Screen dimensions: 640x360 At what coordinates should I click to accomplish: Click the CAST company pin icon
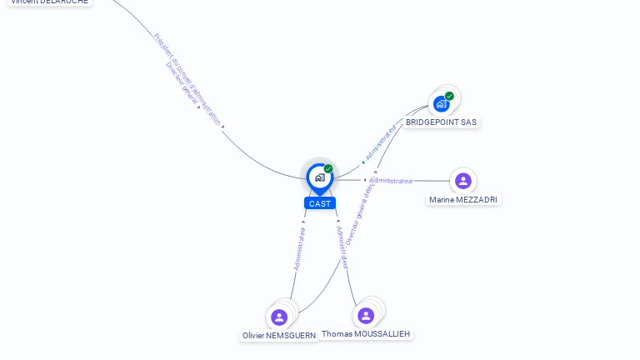(x=319, y=177)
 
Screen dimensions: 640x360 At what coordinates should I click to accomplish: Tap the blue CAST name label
(x=320, y=203)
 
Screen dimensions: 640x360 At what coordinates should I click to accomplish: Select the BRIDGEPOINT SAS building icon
(x=441, y=104)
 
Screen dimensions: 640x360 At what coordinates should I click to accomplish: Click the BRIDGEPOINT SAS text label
(x=441, y=122)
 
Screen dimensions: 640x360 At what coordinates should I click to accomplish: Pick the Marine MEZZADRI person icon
(x=463, y=181)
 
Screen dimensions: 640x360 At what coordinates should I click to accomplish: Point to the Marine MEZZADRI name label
(x=463, y=200)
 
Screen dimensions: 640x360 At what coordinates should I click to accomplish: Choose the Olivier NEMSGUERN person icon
(x=279, y=317)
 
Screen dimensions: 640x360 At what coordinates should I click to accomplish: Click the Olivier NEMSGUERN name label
(x=279, y=336)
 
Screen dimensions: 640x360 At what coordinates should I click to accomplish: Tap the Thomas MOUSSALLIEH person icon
(x=365, y=315)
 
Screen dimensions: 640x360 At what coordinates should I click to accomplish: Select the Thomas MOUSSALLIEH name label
(x=366, y=334)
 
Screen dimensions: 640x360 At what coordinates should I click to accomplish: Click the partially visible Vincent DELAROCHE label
(x=49, y=2)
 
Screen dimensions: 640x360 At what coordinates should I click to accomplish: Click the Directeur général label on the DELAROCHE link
(x=182, y=84)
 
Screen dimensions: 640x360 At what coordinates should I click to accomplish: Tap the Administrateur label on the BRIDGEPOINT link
(x=380, y=142)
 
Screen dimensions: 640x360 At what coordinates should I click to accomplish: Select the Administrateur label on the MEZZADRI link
(x=391, y=181)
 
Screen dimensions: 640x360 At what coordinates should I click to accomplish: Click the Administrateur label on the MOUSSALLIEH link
(x=341, y=247)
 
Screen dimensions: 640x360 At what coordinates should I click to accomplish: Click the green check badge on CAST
(x=328, y=169)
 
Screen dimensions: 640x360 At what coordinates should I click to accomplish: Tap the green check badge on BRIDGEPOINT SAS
(x=449, y=96)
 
